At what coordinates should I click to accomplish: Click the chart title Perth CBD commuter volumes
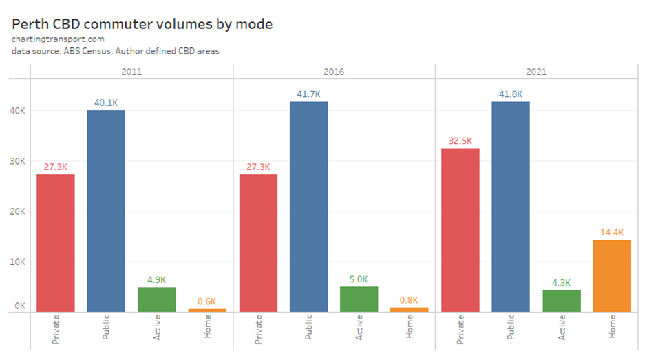click(142, 24)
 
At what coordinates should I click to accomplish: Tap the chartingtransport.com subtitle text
click(58, 39)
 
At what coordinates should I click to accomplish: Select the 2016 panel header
click(333, 72)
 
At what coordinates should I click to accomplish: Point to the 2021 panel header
click(536, 72)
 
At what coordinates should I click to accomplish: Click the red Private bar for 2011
click(56, 243)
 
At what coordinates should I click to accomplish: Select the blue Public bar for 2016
click(308, 207)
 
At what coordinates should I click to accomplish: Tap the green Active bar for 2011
click(157, 299)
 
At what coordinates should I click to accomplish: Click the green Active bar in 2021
click(562, 301)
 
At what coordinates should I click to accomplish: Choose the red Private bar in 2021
click(460, 230)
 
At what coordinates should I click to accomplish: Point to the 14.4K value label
click(612, 232)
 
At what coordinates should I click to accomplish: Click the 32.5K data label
click(460, 141)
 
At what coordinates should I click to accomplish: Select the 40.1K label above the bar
click(107, 103)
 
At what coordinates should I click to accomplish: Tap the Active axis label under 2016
click(359, 328)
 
